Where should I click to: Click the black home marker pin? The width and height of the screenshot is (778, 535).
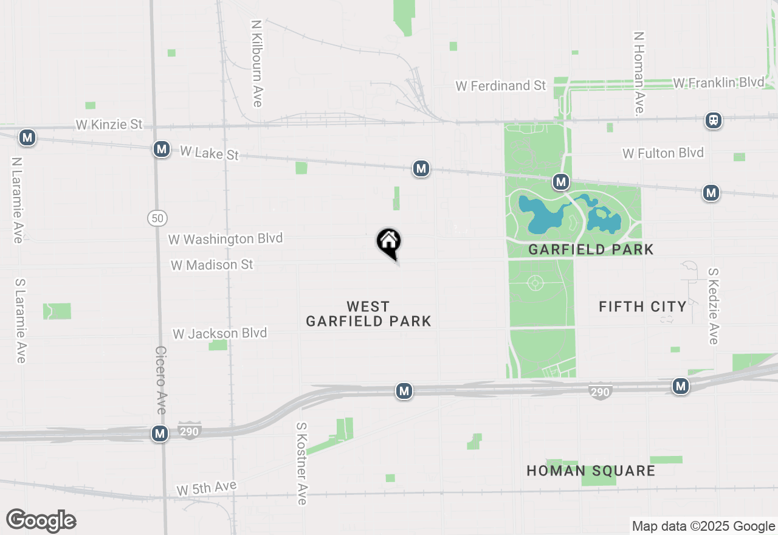coord(389,242)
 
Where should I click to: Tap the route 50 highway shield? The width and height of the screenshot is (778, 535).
coord(157,218)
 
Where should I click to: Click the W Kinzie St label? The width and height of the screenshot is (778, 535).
coord(109,125)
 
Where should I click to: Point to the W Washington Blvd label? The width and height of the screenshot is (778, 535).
coord(225,238)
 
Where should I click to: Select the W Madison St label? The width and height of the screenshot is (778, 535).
coord(212,265)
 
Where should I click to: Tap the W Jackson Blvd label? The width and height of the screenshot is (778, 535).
coord(219,333)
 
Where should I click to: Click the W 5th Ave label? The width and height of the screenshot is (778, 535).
coord(206,488)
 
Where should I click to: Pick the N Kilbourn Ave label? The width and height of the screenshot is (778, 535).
coord(256,64)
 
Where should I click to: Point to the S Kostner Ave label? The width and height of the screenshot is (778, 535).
coord(301,464)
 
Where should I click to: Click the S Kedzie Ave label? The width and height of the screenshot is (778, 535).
coord(714,306)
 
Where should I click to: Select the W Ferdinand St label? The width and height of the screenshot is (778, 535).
coord(501,86)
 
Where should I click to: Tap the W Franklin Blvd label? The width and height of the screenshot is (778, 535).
coord(718,82)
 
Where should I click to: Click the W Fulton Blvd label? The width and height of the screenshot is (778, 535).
coord(663,153)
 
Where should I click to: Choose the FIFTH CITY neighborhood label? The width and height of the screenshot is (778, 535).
coord(642,306)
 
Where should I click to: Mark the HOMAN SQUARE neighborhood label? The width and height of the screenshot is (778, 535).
coord(591,471)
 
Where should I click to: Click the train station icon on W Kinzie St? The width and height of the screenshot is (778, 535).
coord(714,120)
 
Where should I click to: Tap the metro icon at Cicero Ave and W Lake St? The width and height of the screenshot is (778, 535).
coord(161,149)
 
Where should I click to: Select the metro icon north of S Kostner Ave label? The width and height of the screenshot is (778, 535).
coord(404,391)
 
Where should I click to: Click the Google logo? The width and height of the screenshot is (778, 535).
coord(41,520)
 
